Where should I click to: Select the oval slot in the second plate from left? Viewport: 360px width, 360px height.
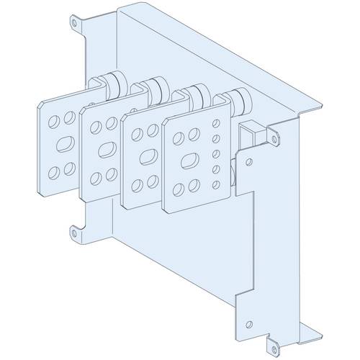104,147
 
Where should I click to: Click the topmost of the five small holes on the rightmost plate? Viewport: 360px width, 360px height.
215,123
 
